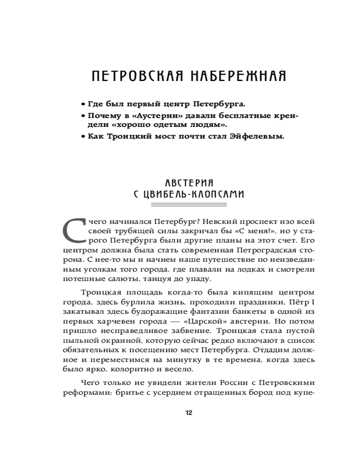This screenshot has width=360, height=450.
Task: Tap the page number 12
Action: point(189,413)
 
